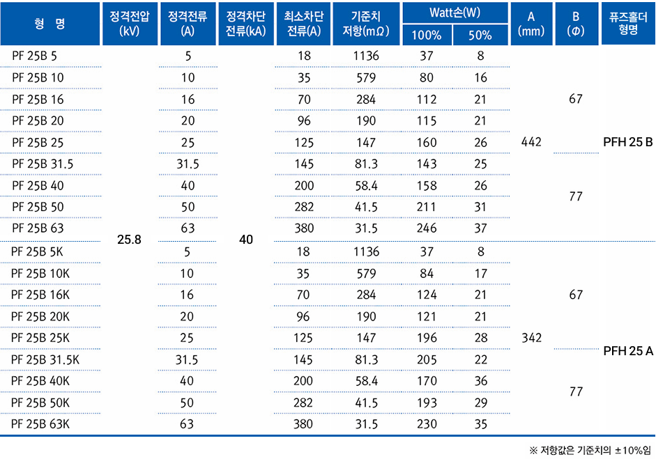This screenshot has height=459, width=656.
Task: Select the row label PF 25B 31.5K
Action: tap(46, 359)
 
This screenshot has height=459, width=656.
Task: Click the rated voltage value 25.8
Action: tap(129, 239)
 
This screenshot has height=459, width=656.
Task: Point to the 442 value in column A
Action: tap(532, 143)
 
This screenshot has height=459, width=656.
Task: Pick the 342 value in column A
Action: tap(532, 338)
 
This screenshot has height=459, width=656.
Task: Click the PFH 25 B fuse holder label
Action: tap(629, 143)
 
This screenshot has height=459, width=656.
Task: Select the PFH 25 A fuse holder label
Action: tap(629, 351)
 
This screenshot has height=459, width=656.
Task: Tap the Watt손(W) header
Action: tap(455, 13)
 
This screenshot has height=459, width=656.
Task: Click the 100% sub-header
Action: tap(427, 36)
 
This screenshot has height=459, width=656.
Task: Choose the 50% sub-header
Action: tap(480, 36)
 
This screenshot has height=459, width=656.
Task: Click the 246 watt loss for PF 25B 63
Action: tap(427, 228)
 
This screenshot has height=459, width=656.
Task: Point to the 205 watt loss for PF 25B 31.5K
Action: tap(427, 359)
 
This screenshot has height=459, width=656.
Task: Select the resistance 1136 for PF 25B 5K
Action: tap(366, 251)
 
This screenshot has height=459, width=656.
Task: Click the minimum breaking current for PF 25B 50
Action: tap(304, 207)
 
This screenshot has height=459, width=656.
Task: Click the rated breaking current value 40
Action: tap(245, 239)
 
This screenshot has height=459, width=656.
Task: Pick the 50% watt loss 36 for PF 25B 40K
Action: tap(480, 381)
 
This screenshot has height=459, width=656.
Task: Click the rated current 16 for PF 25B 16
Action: tap(188, 99)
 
